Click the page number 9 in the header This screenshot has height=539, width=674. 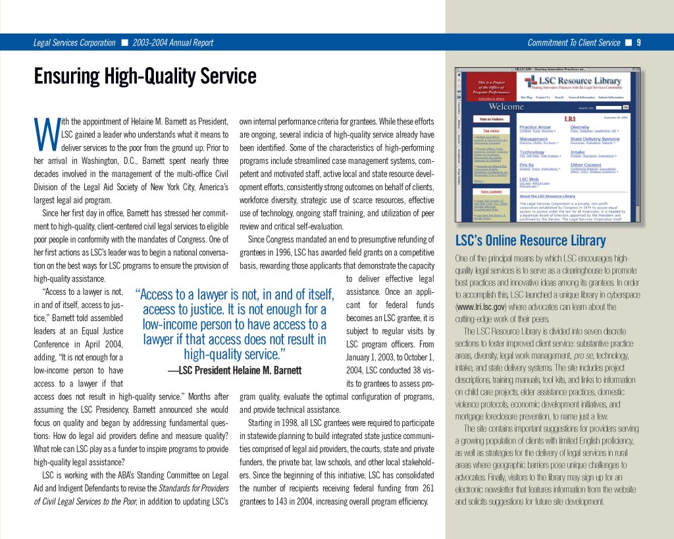(638, 43)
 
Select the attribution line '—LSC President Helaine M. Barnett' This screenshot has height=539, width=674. (234, 370)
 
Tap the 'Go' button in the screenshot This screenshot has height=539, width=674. (626, 107)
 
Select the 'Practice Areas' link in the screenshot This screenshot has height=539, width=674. (535, 126)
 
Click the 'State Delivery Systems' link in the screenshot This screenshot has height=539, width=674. (594, 139)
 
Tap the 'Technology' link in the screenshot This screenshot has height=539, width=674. (532, 151)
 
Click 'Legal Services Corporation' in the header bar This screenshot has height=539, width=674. (74, 43)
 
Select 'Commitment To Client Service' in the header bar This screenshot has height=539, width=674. (574, 43)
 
